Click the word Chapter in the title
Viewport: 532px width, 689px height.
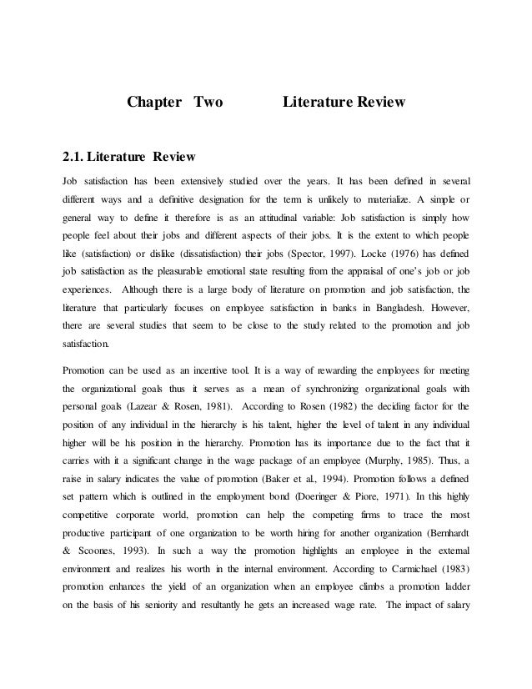[x=155, y=104]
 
